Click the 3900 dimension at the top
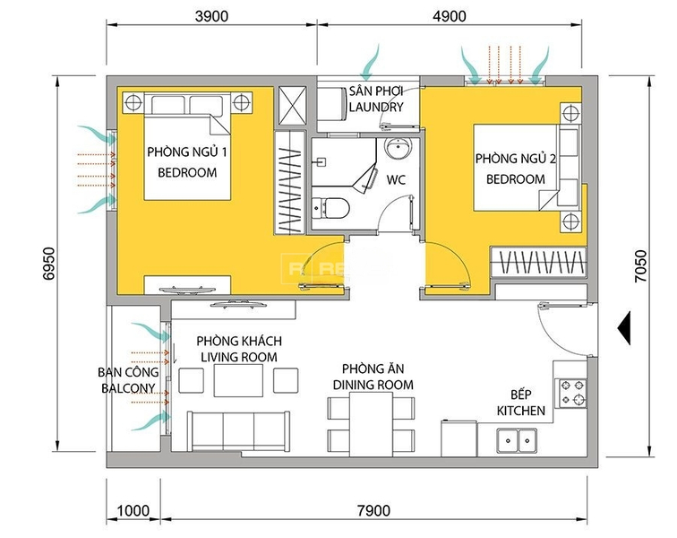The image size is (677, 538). pyautogui.click(x=211, y=16)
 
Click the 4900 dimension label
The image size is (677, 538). pyautogui.click(x=449, y=16)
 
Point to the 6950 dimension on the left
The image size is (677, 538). pyautogui.click(x=48, y=264)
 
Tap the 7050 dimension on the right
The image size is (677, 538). pyautogui.click(x=641, y=266)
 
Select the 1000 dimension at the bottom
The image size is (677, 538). pyautogui.click(x=133, y=511)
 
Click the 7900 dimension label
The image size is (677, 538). pyautogui.click(x=374, y=511)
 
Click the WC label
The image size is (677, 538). pyautogui.click(x=396, y=179)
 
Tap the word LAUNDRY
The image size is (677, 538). pyautogui.click(x=376, y=107)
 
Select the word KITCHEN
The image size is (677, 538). pyautogui.click(x=520, y=411)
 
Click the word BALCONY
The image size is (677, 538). pyautogui.click(x=128, y=388)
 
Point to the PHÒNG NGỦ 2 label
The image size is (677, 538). pyautogui.click(x=516, y=159)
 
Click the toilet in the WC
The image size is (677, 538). pyautogui.click(x=330, y=208)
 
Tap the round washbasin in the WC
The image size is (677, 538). pyautogui.click(x=398, y=149)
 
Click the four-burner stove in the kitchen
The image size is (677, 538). pyautogui.click(x=573, y=393)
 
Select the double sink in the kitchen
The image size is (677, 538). pyautogui.click(x=517, y=440)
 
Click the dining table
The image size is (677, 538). pyautogui.click(x=371, y=424)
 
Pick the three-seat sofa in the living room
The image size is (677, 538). pyautogui.click(x=238, y=431)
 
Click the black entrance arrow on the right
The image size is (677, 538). pyautogui.click(x=624, y=328)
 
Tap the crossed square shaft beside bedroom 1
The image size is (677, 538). pyautogui.click(x=292, y=105)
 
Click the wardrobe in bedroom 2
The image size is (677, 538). pyautogui.click(x=538, y=262)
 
